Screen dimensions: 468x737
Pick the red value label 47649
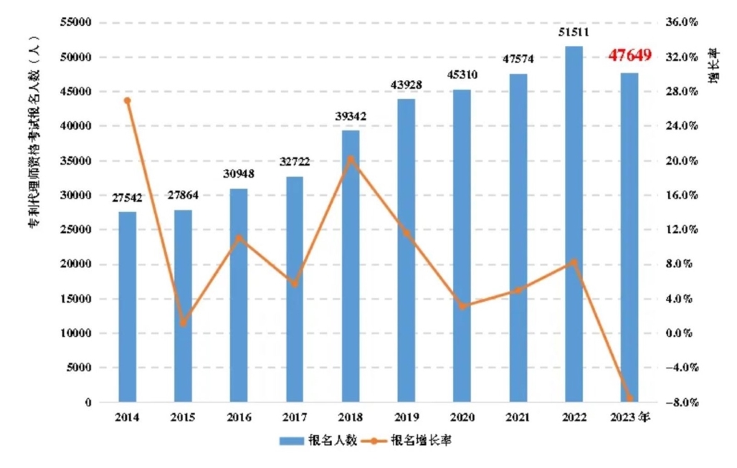click(x=629, y=55)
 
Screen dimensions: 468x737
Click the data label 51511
click(x=574, y=32)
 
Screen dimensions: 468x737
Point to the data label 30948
click(x=239, y=174)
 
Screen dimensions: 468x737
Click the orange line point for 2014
click(x=128, y=100)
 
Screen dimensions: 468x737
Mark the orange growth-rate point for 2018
click(x=350, y=158)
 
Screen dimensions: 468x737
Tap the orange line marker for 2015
click(x=183, y=323)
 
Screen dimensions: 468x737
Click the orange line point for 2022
click(x=574, y=262)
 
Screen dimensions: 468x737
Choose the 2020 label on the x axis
click(x=462, y=418)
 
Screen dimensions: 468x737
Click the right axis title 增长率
click(x=714, y=66)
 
